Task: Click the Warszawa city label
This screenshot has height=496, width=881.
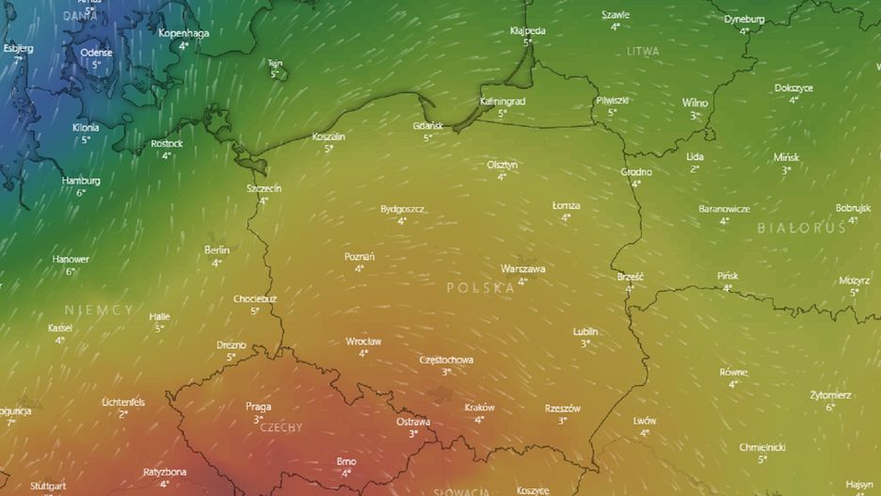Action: coord(522,268)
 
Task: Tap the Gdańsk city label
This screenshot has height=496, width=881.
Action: coord(427,126)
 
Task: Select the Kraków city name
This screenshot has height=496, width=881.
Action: coord(479,408)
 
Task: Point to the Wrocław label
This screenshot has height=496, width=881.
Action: coord(363,341)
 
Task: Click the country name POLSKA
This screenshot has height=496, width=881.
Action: coord(480,288)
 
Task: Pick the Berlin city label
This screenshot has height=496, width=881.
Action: coord(216,250)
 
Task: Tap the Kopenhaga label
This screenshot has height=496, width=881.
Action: coord(184,33)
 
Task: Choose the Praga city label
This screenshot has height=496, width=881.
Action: coord(258,407)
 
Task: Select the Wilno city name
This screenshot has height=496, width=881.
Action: coord(695,103)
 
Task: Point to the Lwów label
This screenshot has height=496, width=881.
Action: coord(645,421)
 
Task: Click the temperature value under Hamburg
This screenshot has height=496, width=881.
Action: coord(81,192)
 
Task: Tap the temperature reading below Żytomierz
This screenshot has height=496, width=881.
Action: coord(830,408)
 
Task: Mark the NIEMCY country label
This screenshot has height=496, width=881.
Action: coord(99,310)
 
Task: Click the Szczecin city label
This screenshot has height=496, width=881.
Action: coord(264,188)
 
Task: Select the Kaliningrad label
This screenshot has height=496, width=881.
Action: coord(502,101)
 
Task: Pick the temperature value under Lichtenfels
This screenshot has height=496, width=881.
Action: coord(123,414)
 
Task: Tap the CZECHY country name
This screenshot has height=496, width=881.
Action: coord(280,427)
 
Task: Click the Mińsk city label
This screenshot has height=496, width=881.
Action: coord(786,157)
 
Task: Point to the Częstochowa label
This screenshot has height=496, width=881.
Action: coord(446,360)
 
